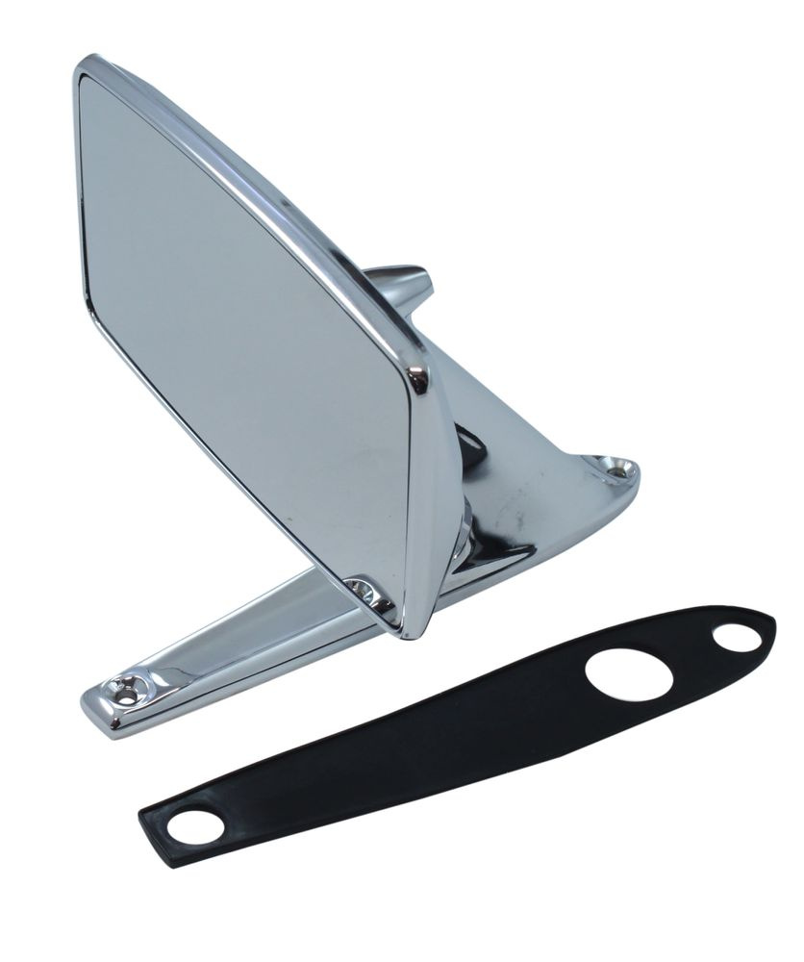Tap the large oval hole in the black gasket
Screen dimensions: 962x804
click(629, 674)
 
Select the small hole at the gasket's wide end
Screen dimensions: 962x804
click(738, 637)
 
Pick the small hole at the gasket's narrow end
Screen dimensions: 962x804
click(195, 826)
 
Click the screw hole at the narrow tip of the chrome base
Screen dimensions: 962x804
click(125, 688)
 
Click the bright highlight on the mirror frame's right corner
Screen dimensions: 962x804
click(418, 378)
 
